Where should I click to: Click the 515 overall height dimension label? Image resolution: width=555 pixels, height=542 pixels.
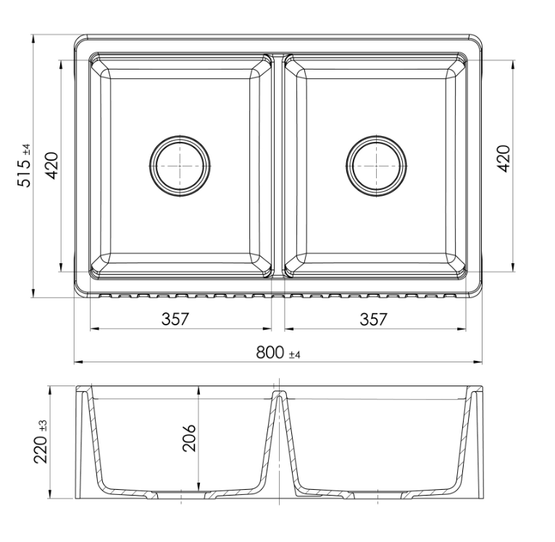(24, 172)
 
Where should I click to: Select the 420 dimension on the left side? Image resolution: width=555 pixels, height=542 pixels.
(51, 166)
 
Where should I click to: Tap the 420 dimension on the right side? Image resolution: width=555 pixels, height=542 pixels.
(504, 159)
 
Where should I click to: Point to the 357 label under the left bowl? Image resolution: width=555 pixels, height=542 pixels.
(175, 319)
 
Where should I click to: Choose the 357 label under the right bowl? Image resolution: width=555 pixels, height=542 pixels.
(374, 319)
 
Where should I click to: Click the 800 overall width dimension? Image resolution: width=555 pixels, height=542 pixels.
(270, 353)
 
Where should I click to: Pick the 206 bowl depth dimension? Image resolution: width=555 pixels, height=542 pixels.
(189, 438)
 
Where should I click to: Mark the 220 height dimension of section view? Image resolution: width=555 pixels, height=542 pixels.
(41, 449)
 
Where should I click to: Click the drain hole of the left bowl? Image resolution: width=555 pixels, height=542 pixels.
(180, 166)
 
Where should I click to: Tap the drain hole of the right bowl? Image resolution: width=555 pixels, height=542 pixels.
(376, 166)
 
